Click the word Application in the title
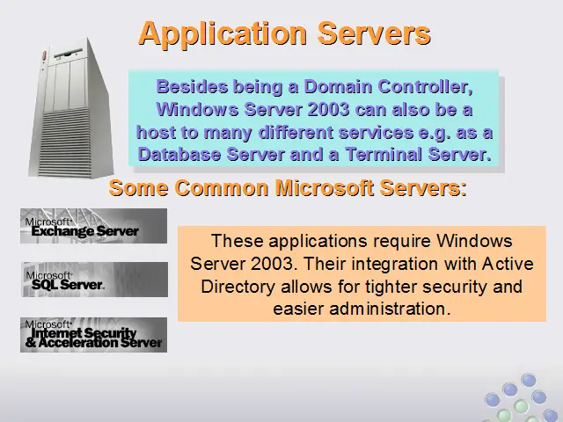[x=223, y=34]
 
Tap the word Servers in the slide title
[x=374, y=33]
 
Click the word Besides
[x=192, y=86]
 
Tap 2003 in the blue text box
[x=328, y=109]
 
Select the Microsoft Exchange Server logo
[x=94, y=226]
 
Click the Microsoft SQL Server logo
[x=94, y=280]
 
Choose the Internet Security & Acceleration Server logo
[x=94, y=335]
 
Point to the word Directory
[x=238, y=287]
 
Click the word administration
[x=390, y=309]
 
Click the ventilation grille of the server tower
[x=64, y=143]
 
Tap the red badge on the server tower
[x=45, y=55]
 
